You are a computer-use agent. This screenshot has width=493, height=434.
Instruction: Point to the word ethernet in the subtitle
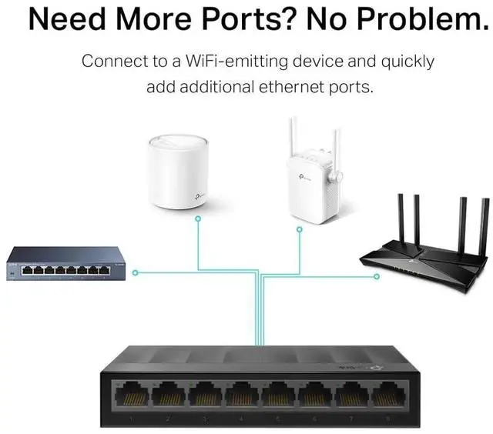coord(293,87)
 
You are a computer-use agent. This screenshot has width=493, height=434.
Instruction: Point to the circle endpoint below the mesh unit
coord(197,219)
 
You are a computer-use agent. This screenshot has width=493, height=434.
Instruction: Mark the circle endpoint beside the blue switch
coord(135,272)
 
